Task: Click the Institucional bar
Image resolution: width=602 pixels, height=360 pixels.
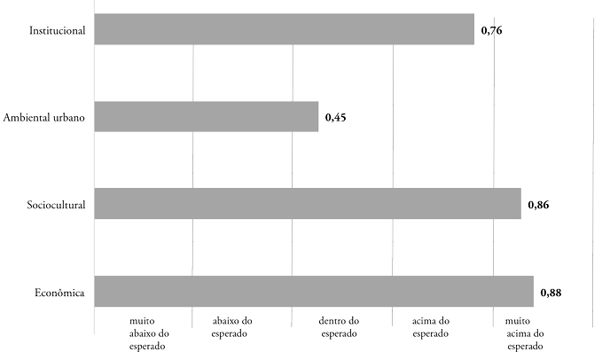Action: click(x=284, y=30)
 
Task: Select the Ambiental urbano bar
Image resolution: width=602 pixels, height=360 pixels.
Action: click(x=206, y=117)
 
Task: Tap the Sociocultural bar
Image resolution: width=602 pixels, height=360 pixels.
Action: click(x=307, y=204)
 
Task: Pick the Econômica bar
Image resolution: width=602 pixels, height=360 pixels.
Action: click(x=313, y=291)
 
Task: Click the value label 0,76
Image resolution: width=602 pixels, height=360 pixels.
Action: click(x=491, y=31)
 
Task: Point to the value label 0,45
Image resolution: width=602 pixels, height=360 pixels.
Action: click(x=335, y=117)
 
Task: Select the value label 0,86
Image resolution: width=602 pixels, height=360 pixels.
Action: click(x=538, y=205)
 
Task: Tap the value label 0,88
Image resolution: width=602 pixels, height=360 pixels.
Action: click(x=551, y=292)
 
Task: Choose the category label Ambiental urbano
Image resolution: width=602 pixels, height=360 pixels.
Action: click(x=44, y=118)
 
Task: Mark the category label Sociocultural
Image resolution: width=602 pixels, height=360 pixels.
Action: click(x=56, y=205)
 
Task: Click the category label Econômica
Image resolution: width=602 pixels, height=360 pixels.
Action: click(x=59, y=292)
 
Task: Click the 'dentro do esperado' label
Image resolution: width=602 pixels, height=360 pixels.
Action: click(x=337, y=327)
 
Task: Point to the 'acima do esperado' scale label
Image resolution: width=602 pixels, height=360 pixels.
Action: click(x=432, y=327)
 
